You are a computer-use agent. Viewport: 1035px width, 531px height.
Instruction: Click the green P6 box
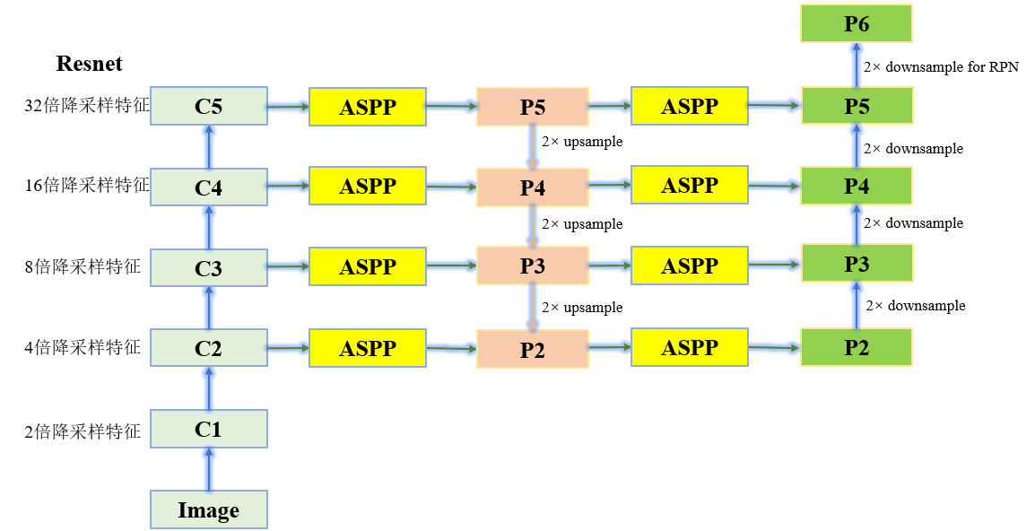(857, 23)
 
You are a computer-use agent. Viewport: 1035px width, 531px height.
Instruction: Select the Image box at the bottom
(208, 509)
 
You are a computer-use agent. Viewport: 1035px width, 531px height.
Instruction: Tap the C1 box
(208, 429)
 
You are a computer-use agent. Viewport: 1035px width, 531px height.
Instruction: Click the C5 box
(208, 106)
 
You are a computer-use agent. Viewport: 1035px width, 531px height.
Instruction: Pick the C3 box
(208, 267)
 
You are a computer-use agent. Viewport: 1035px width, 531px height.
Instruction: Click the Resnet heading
(89, 64)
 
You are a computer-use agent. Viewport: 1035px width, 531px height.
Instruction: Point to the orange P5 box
(533, 107)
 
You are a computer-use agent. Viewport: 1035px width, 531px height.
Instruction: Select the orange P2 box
(533, 349)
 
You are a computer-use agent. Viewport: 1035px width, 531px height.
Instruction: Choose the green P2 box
(857, 347)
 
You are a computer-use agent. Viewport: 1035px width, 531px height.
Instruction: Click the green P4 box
(857, 186)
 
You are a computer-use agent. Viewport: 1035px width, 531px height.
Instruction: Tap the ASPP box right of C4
(367, 186)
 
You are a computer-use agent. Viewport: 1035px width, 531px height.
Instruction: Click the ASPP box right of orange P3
(690, 265)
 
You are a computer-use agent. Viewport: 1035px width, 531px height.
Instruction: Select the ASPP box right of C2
(367, 348)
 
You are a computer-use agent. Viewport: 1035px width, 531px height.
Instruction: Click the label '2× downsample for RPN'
(940, 66)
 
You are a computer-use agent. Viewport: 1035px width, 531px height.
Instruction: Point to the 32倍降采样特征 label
(86, 106)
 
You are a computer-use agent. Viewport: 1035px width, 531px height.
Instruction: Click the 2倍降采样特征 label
(83, 431)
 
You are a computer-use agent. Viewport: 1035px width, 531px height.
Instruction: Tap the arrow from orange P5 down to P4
(533, 146)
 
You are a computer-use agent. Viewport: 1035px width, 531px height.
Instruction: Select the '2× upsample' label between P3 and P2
(581, 308)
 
